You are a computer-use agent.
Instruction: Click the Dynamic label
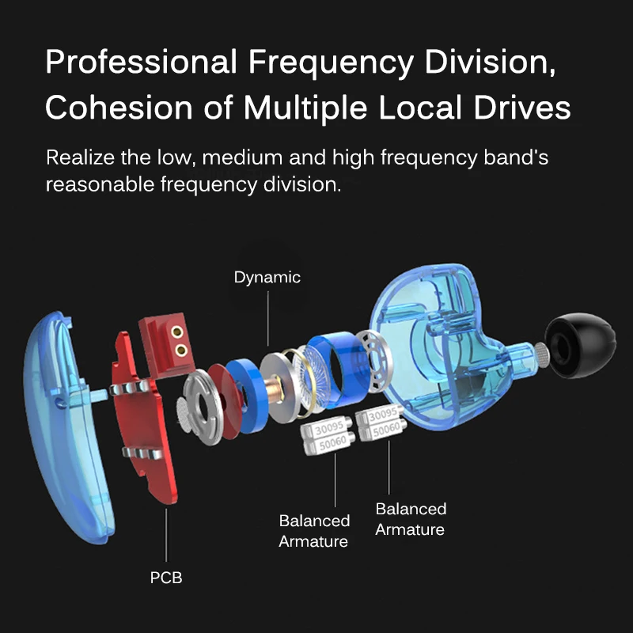(x=267, y=278)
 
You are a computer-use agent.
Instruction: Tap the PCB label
(x=166, y=578)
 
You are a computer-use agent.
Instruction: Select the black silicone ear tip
(x=580, y=346)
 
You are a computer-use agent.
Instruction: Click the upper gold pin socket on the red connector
(x=176, y=332)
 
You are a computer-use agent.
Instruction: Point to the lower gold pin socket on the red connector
(x=181, y=350)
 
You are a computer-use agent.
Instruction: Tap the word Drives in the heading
(x=522, y=108)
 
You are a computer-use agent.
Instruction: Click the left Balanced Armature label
(x=314, y=531)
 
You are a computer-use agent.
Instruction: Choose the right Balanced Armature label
(x=411, y=519)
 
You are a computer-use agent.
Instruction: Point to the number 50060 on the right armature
(x=386, y=430)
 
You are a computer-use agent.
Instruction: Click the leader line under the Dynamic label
(x=268, y=319)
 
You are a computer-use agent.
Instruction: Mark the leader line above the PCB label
(x=166, y=535)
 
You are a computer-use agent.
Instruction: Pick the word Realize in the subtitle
(x=80, y=157)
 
